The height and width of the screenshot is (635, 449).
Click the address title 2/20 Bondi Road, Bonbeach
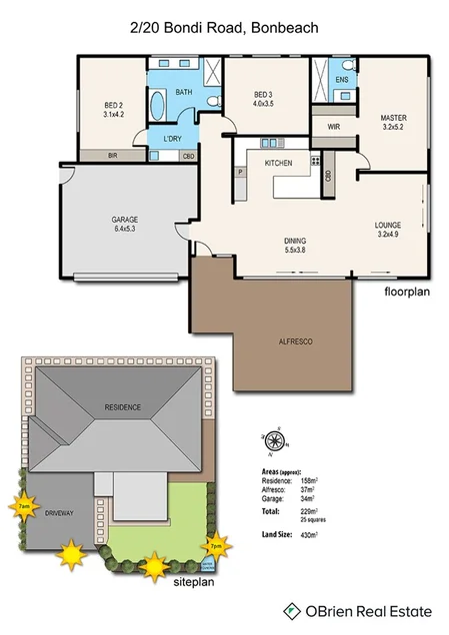224,30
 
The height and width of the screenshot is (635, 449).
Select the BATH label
184,93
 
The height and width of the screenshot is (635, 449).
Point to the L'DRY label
171,138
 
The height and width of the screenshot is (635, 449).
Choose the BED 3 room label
264,98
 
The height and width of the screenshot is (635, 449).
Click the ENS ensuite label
341,79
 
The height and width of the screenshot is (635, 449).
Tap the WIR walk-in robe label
335,127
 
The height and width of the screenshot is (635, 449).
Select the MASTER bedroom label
393,123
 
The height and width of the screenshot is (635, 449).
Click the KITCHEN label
277,162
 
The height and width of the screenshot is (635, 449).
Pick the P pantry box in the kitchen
241,172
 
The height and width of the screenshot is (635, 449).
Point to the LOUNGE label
388,230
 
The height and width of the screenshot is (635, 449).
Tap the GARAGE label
124,224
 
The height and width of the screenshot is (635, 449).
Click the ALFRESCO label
295,341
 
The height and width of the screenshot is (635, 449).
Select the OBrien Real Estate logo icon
292,609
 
